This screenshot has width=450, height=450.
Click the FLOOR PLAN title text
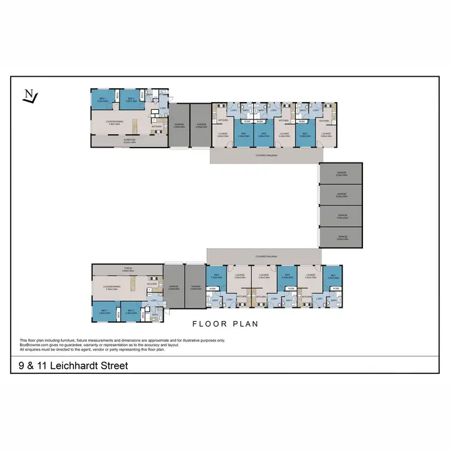pyautogui.click(x=225, y=324)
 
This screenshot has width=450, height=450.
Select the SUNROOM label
pyautogui.click(x=129, y=140)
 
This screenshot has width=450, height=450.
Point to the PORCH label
pyautogui.click(x=128, y=269)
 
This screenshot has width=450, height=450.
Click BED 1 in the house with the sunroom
pyautogui.click(x=102, y=100)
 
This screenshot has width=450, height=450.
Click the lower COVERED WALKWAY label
pyautogui.click(x=262, y=255)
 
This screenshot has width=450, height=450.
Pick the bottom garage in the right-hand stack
pyautogui.click(x=341, y=236)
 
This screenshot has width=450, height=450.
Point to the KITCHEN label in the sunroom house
pyautogui.click(x=157, y=127)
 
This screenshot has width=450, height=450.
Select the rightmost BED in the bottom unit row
pyautogui.click(x=332, y=276)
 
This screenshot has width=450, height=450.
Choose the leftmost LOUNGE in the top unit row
pyautogui.click(x=222, y=135)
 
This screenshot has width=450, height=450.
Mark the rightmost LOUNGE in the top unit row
pyautogui.click(x=326, y=134)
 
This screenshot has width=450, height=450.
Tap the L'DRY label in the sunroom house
pyautogui.click(x=163, y=108)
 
